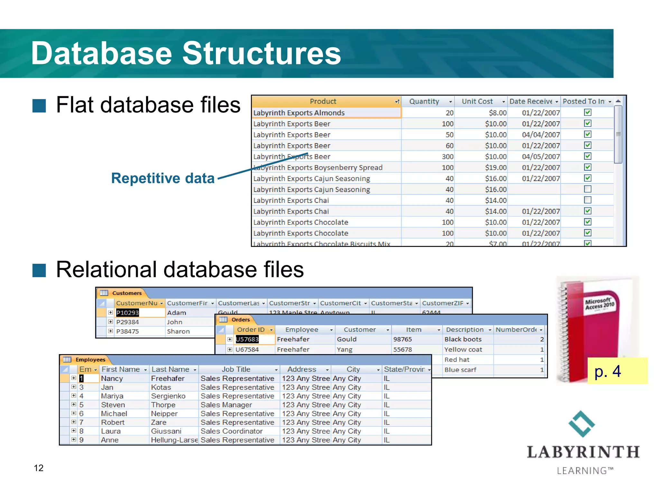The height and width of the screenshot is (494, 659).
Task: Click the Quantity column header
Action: pos(424,102)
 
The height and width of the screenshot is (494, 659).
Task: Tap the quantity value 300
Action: pos(448,157)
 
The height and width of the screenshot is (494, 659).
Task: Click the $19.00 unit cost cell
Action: pos(496,168)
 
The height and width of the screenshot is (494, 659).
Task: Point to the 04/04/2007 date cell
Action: pos(541,135)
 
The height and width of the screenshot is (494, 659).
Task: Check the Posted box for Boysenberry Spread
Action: pos(588,167)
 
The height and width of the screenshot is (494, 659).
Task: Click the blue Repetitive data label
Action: pos(163,178)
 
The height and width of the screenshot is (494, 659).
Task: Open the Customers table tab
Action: pos(126,293)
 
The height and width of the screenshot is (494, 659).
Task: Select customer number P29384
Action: pos(127,322)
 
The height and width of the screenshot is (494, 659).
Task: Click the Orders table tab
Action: pos(240,320)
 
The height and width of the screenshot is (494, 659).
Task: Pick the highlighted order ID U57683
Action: pos(247,339)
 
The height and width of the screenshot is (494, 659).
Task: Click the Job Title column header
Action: pos(236,370)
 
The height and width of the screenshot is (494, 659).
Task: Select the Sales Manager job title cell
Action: pos(226,405)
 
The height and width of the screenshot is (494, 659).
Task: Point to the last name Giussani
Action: pos(166,431)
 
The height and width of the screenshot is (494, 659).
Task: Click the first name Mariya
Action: pos(112,396)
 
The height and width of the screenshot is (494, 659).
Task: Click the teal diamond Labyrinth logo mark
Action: pos(582,424)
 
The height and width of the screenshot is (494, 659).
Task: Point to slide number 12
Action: pos(39,468)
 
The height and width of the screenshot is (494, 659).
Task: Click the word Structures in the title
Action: pos(261,53)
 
